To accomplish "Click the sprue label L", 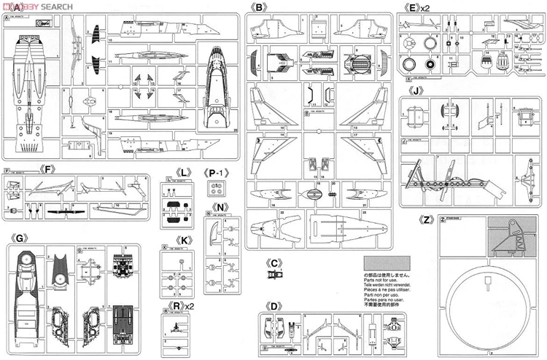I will [185, 173].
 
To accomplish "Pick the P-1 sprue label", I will [217, 173].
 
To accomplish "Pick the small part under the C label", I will [274, 275].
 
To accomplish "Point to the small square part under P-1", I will [214, 188].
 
